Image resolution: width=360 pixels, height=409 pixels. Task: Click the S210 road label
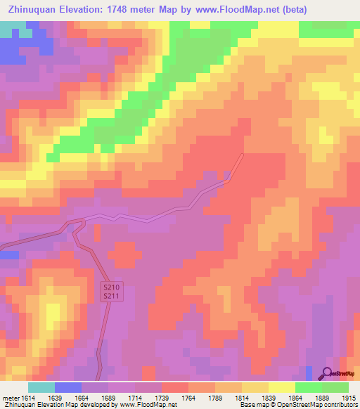[111, 288]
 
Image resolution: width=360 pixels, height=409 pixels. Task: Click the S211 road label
[111, 297]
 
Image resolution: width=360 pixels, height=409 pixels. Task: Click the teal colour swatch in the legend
[41, 387]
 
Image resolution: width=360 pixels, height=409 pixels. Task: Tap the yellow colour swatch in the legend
[281, 387]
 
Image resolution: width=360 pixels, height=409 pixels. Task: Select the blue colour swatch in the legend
[68, 387]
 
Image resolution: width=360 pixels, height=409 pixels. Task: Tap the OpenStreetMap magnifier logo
[326, 374]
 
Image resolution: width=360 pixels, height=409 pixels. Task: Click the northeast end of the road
[243, 155]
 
